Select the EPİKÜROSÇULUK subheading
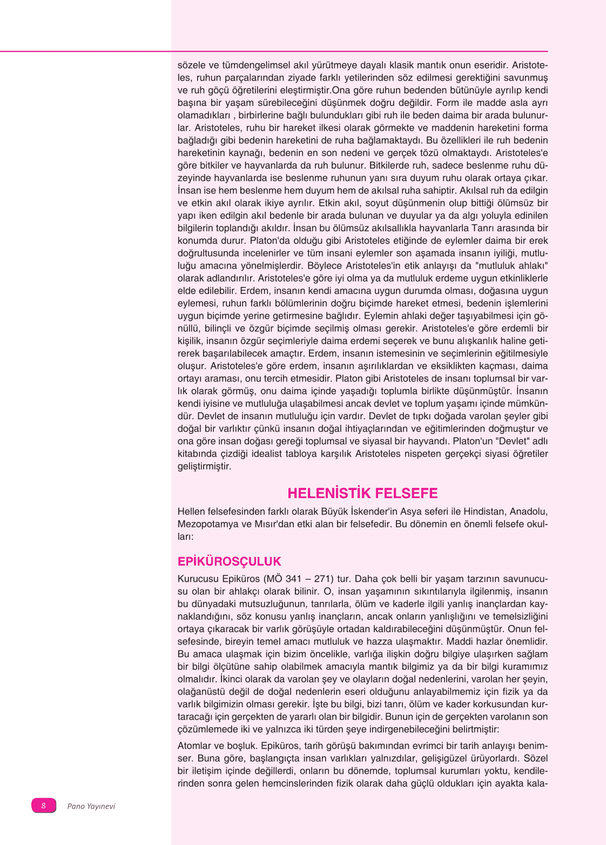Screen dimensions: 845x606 click(230, 561)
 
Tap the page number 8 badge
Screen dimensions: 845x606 click(44, 806)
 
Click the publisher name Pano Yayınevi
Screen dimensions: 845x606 click(91, 806)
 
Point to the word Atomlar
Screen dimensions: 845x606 click(195, 746)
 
